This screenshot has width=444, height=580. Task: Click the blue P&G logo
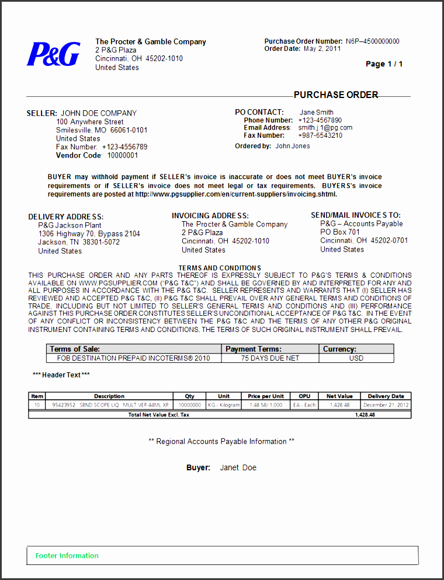tap(53, 54)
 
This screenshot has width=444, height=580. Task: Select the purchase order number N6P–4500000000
tap(372, 41)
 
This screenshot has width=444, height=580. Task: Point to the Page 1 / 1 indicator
tap(384, 64)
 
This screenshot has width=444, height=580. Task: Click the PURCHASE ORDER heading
tap(336, 95)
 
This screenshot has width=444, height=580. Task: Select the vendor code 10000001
tap(123, 156)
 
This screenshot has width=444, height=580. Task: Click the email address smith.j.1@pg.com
tap(325, 128)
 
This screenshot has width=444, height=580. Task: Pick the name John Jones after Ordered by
tap(293, 146)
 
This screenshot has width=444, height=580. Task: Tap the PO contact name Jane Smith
tap(317, 113)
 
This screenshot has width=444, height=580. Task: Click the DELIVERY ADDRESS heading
tap(66, 217)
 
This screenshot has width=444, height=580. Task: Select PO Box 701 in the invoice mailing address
tap(340, 232)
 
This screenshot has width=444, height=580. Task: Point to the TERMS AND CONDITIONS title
tap(220, 268)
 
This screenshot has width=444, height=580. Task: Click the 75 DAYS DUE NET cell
tap(270, 358)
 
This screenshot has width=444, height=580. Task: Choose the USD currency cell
tap(356, 358)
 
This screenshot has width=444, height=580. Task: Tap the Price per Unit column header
tap(266, 396)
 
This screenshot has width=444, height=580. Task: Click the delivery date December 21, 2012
tap(386, 405)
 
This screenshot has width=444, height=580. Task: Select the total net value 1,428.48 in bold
tap(365, 415)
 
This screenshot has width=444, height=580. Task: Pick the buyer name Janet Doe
tap(238, 468)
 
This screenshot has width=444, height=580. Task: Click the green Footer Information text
tap(67, 555)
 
